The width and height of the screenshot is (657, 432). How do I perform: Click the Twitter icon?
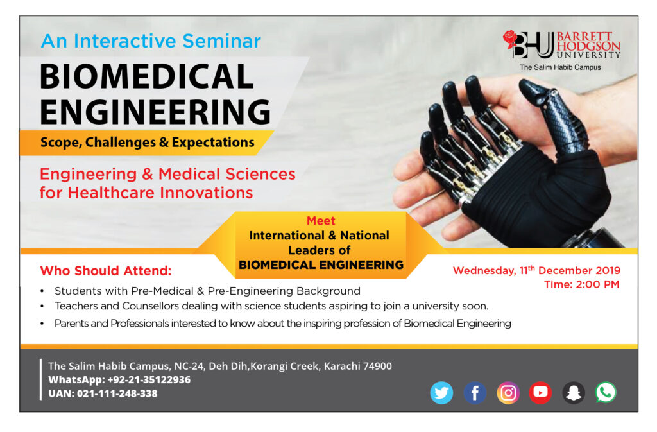pos(441,393)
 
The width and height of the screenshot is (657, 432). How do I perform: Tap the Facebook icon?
pos(475,393)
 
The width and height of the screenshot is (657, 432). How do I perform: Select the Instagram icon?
pos(508,393)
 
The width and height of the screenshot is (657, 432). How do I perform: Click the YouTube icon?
pos(540,393)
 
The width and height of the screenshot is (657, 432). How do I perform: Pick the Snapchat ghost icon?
pos(573,393)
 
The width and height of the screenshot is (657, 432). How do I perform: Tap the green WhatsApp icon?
pos(606,393)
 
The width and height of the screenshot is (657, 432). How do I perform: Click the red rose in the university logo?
pos(510,39)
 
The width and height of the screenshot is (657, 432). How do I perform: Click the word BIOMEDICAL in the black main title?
pos(147,76)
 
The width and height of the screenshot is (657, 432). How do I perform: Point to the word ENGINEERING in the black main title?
pos(155,112)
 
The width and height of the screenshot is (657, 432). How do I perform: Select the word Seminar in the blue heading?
pos(221,41)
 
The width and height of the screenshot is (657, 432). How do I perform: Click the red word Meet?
pos(321,221)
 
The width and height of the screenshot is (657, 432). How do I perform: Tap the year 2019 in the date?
pos(607,271)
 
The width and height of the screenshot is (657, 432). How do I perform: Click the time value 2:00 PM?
pos(597,284)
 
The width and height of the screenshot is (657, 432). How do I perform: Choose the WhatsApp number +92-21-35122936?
pos(149,379)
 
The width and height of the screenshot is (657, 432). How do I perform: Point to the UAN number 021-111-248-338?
pos(117,394)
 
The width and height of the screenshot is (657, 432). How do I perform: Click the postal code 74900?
pos(377,367)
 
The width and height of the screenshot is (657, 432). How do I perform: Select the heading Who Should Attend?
pos(106,271)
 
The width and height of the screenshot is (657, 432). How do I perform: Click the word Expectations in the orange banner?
pos(213,143)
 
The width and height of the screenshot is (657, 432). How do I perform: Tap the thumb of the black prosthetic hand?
pos(553,109)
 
